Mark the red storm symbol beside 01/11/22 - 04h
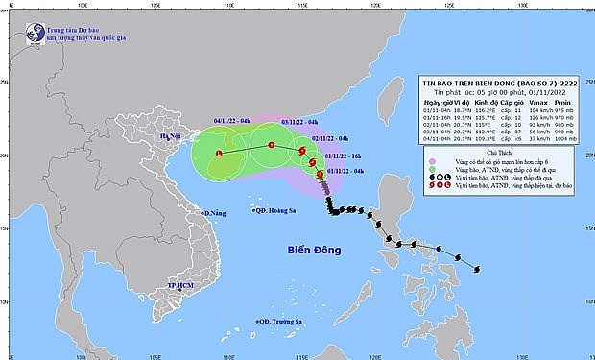(319, 173)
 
